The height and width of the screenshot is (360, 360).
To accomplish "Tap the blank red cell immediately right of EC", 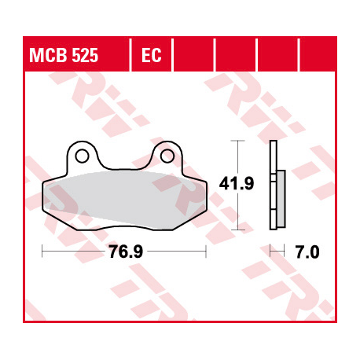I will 193,57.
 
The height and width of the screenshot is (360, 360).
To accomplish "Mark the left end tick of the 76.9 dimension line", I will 42,252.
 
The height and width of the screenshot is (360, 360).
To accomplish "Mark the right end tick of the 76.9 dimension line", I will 206,252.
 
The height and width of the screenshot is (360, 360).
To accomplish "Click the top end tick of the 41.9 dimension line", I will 236,141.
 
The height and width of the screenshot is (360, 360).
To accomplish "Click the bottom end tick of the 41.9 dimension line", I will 236,230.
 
